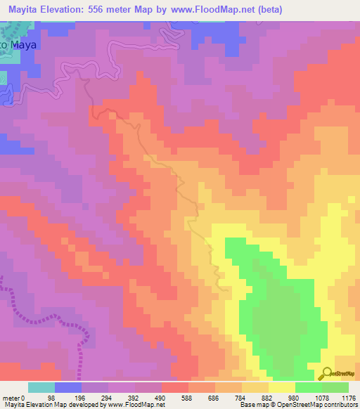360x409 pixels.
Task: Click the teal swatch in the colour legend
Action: (x=41, y=387)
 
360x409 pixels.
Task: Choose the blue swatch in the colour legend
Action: (x=67, y=387)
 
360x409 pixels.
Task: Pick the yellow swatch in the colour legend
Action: (x=281, y=387)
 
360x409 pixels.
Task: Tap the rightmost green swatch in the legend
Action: (x=335, y=387)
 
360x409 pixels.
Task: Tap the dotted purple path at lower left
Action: (x=42, y=313)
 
